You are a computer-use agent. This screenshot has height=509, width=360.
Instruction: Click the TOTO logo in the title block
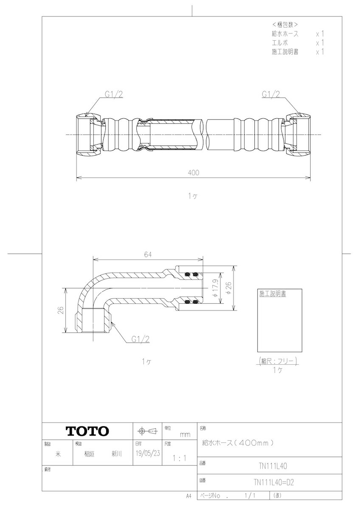coord(87,431)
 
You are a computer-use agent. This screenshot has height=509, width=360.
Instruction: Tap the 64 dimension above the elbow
coord(148,255)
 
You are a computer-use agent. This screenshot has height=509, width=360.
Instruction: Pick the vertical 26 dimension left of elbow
coord(61,310)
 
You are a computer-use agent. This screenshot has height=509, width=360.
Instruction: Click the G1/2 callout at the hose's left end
coord(114,95)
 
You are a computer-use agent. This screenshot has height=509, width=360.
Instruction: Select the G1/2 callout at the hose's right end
coord(271,95)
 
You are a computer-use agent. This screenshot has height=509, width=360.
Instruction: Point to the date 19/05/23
coord(146,453)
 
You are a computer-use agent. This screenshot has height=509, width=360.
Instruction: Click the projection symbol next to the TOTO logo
coord(146,431)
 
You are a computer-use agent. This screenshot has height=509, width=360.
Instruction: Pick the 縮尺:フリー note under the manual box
coord(278,361)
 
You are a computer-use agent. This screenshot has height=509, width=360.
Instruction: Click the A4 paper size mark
coord(188,495)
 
